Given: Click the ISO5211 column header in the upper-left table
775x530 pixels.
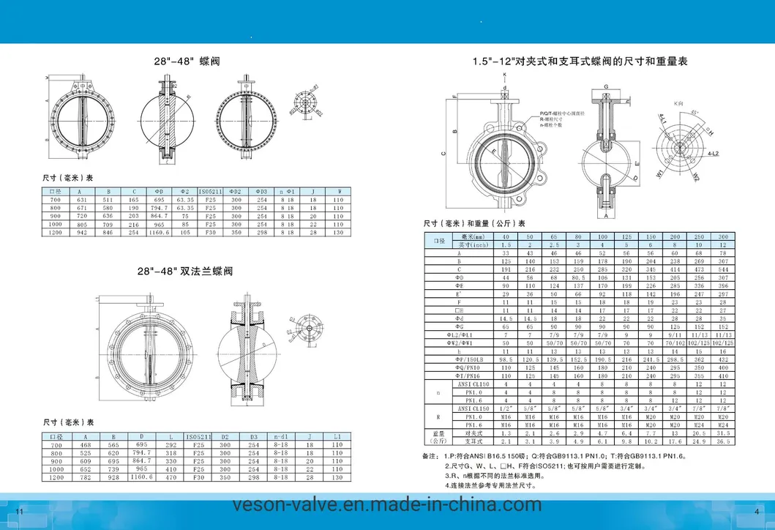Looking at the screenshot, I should pos(209,190).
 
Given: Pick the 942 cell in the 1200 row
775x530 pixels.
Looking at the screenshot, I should pos(83,232).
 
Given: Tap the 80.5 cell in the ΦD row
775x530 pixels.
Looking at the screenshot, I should pos(578,279).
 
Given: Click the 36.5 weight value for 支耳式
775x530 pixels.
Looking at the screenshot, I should pos(723,441).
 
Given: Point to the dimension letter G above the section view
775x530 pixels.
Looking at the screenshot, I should pos(607,86).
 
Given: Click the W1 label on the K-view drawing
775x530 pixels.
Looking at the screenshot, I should pos(660,174).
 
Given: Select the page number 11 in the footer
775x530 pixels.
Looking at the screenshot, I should pos(20,510).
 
